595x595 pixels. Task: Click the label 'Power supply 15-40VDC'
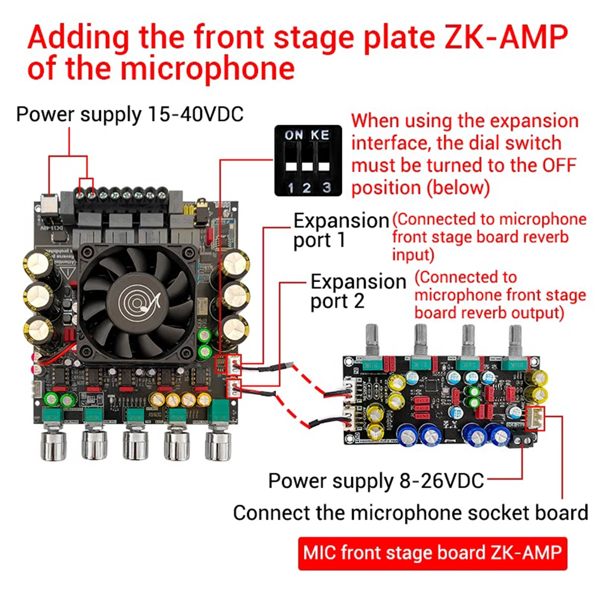[130, 114]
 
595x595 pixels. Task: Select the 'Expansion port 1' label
[341, 230]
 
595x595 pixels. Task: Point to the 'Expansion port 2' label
[358, 290]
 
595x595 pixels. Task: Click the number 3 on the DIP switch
[325, 188]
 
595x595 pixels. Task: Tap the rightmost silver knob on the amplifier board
[218, 444]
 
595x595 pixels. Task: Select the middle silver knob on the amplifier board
[135, 444]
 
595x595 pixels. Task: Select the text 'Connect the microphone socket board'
[410, 512]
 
